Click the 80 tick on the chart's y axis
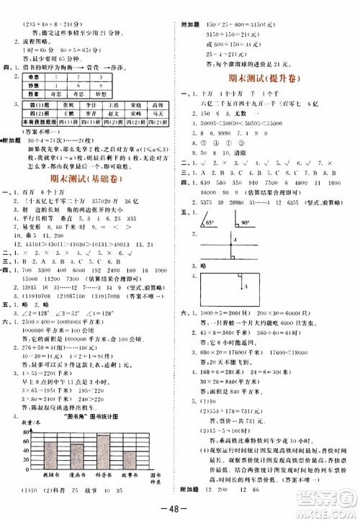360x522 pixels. [26, 431]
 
